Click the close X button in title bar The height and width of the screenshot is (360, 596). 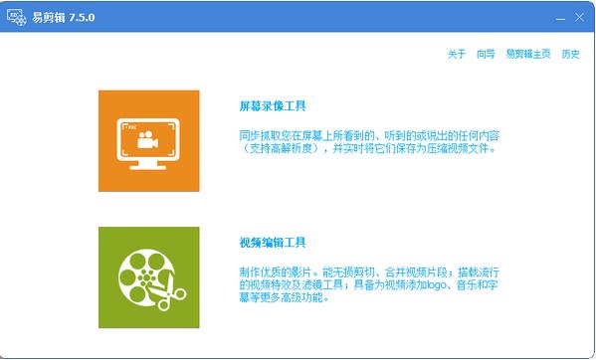578,17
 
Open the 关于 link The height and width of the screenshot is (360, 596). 456,54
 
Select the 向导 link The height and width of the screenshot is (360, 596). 486,54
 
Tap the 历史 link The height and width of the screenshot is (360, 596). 570,54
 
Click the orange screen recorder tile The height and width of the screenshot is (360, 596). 148,140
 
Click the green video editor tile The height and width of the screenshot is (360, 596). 148,277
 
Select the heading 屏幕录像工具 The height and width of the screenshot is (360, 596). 273,104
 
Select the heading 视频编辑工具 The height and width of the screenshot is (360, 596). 273,242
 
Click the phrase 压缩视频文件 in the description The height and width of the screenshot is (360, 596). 465,148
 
